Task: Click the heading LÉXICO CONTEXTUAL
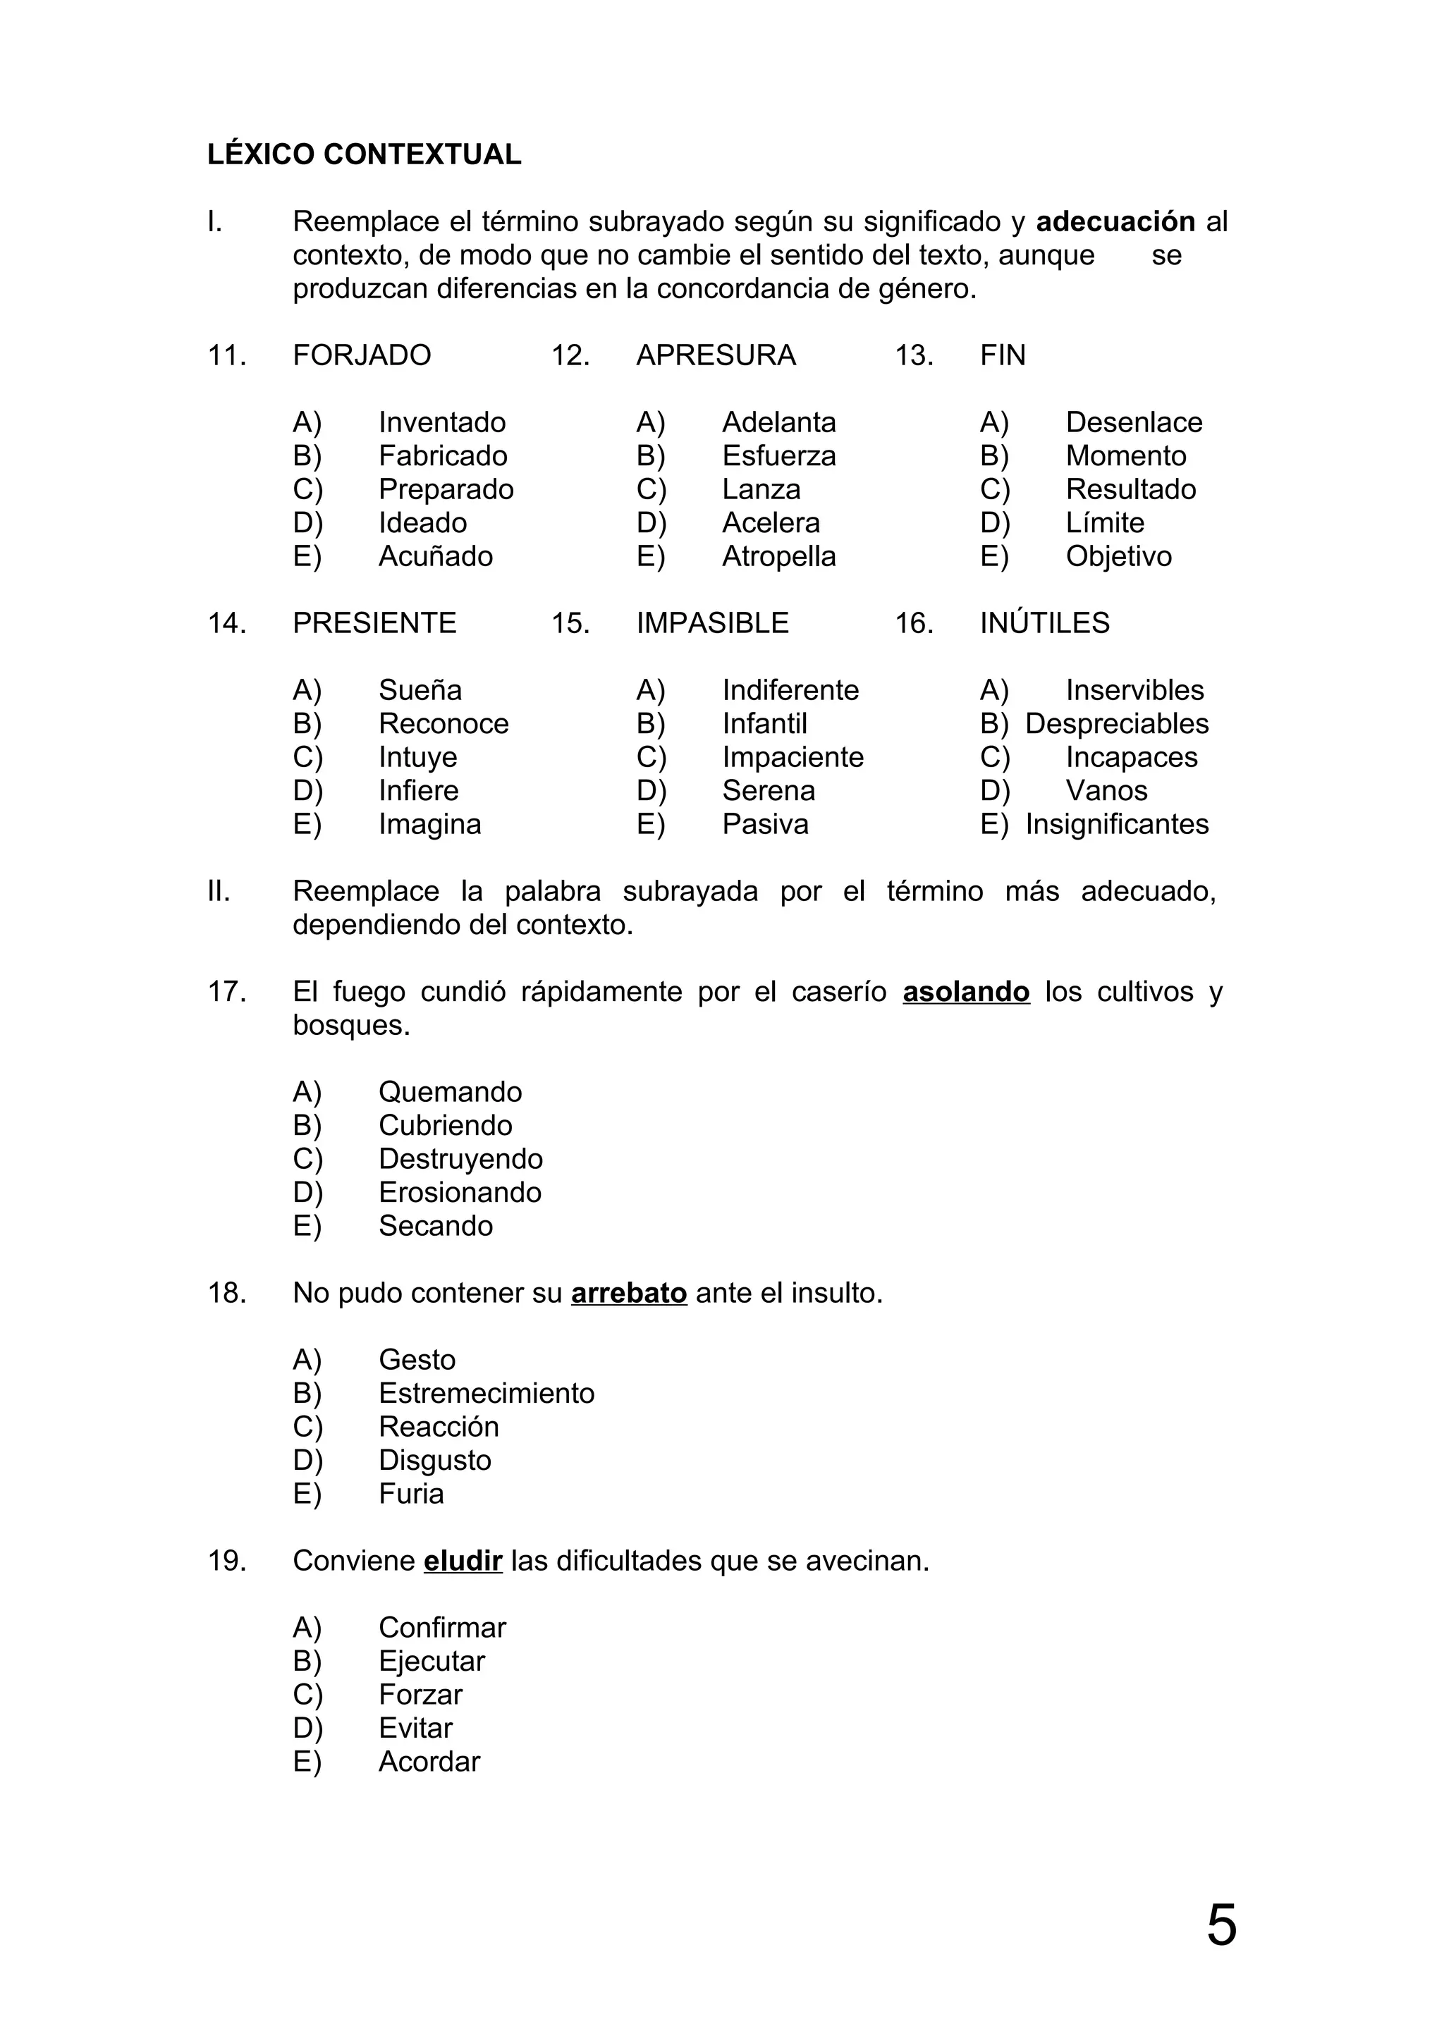(364, 155)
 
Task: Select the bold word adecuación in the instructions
(1115, 221)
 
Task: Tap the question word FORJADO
(361, 355)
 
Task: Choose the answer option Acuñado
(435, 556)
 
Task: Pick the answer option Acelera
(771, 523)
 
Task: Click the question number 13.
(914, 355)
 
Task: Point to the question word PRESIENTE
(374, 623)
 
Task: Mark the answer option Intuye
(417, 757)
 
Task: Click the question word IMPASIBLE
(711, 623)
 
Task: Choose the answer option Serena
(768, 791)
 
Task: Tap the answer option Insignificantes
(1117, 825)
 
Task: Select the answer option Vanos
(1106, 791)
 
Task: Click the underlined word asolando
(965, 991)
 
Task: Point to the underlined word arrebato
(628, 1293)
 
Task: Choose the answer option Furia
(410, 1494)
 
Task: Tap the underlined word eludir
(463, 1561)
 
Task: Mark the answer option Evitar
(415, 1728)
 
